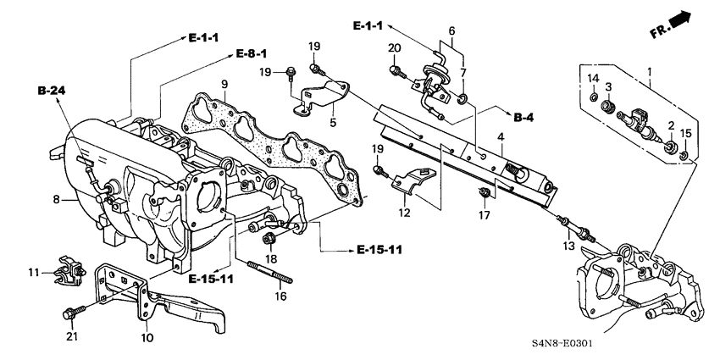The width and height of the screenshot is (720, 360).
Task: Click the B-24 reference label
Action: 50,88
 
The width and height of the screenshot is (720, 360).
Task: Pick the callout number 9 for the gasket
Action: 224,83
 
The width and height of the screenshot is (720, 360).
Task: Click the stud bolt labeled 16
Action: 269,274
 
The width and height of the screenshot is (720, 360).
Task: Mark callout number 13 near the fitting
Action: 570,245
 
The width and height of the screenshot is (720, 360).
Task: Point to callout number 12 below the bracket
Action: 406,213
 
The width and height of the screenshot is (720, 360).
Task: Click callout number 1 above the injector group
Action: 651,73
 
